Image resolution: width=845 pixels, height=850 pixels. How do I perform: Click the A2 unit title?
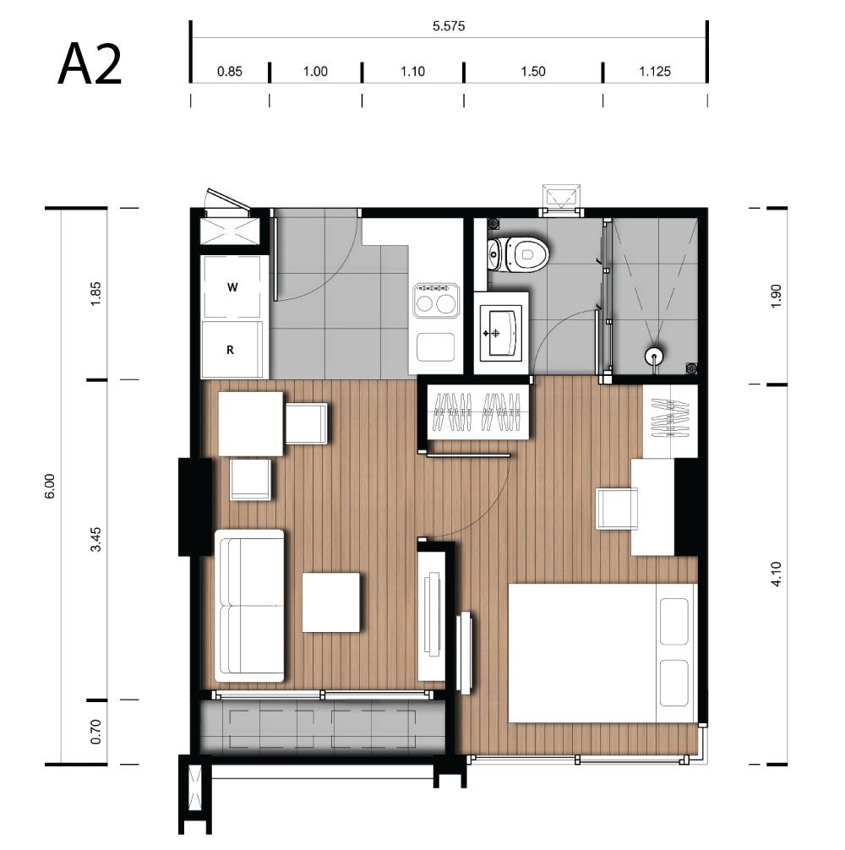coord(90,65)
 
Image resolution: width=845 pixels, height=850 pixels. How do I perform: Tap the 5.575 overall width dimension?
coord(449,26)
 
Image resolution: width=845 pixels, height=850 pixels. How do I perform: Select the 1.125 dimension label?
coord(655,71)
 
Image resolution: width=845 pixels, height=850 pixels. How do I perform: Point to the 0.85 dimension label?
coord(229,71)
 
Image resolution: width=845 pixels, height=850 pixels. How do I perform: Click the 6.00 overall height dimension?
coord(50,486)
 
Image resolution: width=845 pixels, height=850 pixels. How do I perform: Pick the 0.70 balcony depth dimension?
coord(96,732)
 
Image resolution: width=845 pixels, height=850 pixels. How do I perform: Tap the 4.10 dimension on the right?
coord(776,574)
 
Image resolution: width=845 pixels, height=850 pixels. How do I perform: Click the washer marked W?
coord(232,286)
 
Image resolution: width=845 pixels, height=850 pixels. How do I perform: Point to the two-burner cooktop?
coord(435,300)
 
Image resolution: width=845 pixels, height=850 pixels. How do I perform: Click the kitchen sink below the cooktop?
coord(436,347)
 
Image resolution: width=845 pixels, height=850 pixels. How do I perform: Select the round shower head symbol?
coord(654,357)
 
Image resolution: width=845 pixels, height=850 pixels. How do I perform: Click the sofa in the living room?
coord(249,606)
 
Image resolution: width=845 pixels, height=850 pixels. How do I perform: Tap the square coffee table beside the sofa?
coord(330,602)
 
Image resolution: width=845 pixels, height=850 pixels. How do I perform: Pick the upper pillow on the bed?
coord(675,621)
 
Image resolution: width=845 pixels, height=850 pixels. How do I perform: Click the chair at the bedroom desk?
coord(617,508)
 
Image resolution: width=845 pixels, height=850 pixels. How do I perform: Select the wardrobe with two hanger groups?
coord(478,411)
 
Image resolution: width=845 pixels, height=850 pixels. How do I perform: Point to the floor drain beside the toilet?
coord(493,223)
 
